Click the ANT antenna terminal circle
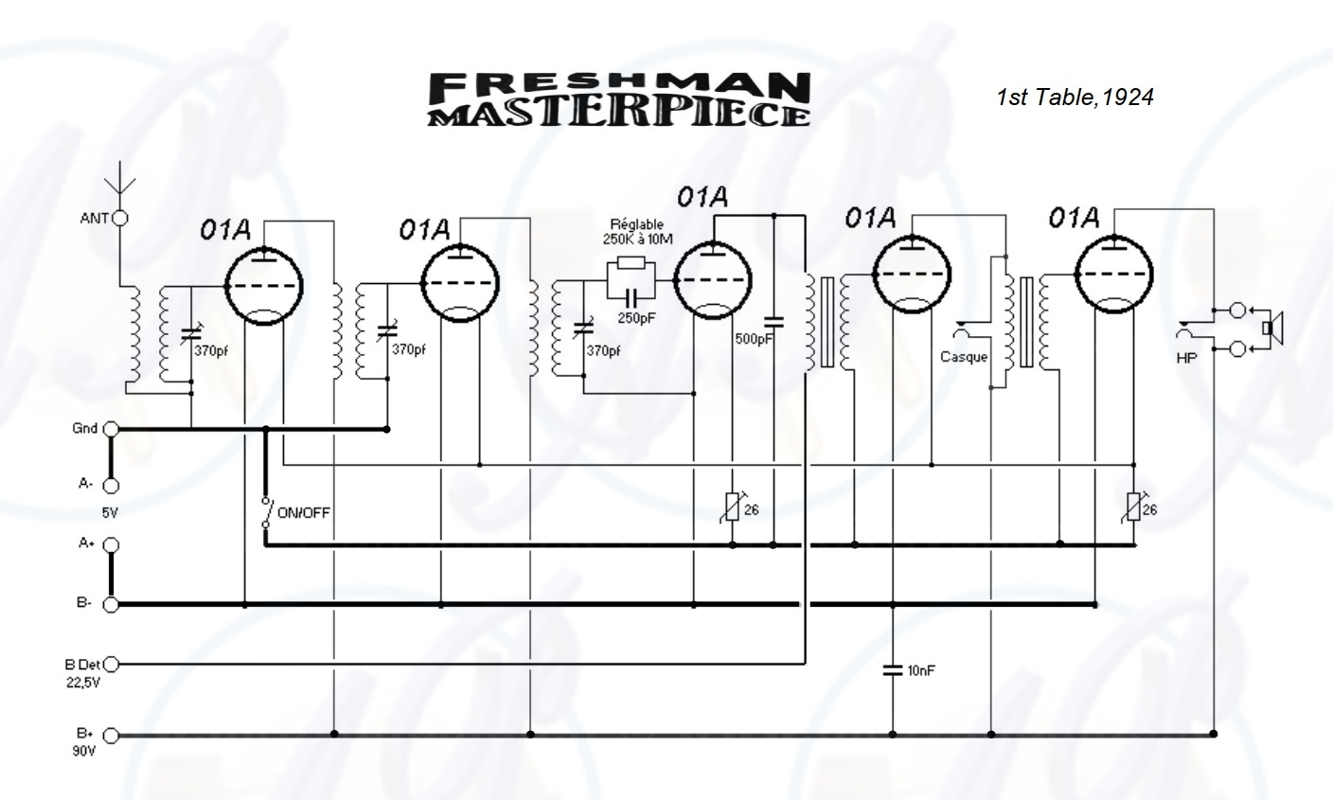120,219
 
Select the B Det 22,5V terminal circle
111,664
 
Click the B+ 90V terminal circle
111,735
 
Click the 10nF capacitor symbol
893,670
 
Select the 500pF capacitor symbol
773,320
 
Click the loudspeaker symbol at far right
1271,328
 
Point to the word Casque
964,357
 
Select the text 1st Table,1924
1075,98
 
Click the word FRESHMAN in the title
620,87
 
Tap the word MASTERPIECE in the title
620,114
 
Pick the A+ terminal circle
111,545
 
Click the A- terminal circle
111,486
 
